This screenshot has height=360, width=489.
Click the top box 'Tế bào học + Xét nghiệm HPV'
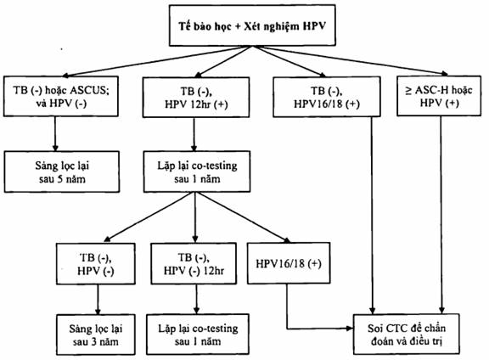click(252, 25)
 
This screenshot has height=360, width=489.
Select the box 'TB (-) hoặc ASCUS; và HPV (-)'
click(61, 96)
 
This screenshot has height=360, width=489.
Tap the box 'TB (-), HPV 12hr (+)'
click(196, 97)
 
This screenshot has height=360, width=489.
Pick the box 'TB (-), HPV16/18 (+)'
click(327, 97)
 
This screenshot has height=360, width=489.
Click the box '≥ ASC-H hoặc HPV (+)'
click(439, 96)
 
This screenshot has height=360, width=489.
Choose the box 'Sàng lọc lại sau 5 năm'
click(62, 172)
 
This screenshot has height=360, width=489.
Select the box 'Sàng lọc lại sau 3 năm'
click(96, 335)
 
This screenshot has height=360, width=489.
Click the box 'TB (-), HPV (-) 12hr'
click(194, 263)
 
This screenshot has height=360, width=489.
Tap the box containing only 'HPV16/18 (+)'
click(289, 263)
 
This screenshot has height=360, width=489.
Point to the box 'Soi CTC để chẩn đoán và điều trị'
click(407, 335)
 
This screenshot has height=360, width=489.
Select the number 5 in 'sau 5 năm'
click(60, 179)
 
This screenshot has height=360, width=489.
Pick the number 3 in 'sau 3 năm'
click(94, 342)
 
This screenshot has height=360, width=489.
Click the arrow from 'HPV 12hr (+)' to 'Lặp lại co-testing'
click(194, 134)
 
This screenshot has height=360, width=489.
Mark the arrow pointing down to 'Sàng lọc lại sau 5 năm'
click(55, 134)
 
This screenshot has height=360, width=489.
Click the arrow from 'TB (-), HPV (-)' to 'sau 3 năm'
click(98, 300)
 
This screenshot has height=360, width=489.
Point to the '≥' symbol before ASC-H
click(408, 91)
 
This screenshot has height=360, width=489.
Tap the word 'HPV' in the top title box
click(314, 25)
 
